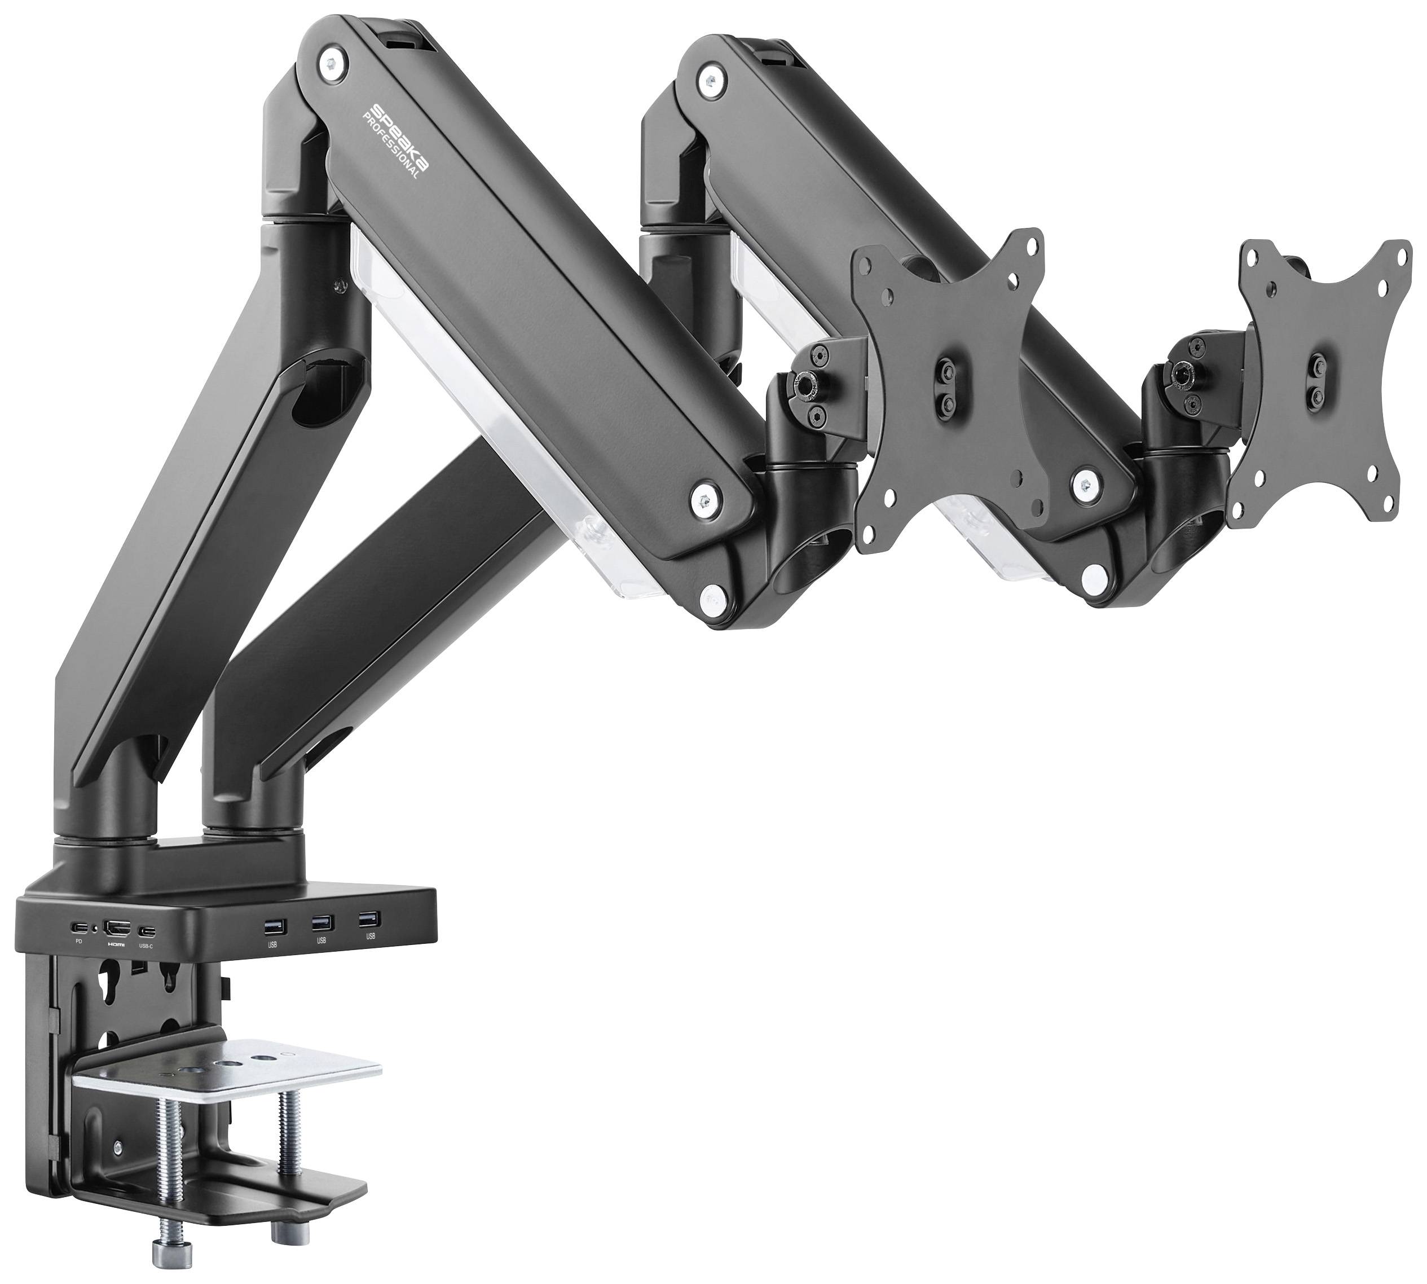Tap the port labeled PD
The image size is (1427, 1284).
point(78,927)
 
